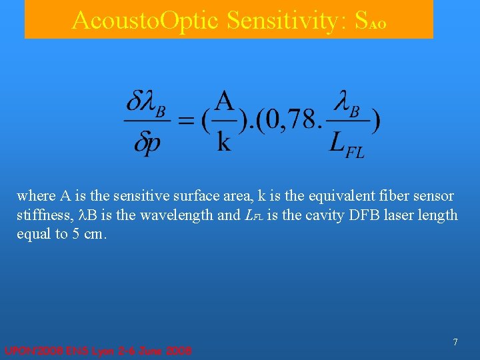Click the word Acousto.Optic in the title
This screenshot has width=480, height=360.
pos(147,21)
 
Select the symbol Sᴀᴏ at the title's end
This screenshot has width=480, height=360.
pos(370,22)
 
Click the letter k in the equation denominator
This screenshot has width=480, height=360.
pos(225,142)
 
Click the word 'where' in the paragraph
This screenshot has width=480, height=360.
pos(36,196)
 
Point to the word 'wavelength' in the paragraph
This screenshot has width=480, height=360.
pos(170,215)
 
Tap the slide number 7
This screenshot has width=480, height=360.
pos(455,342)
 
